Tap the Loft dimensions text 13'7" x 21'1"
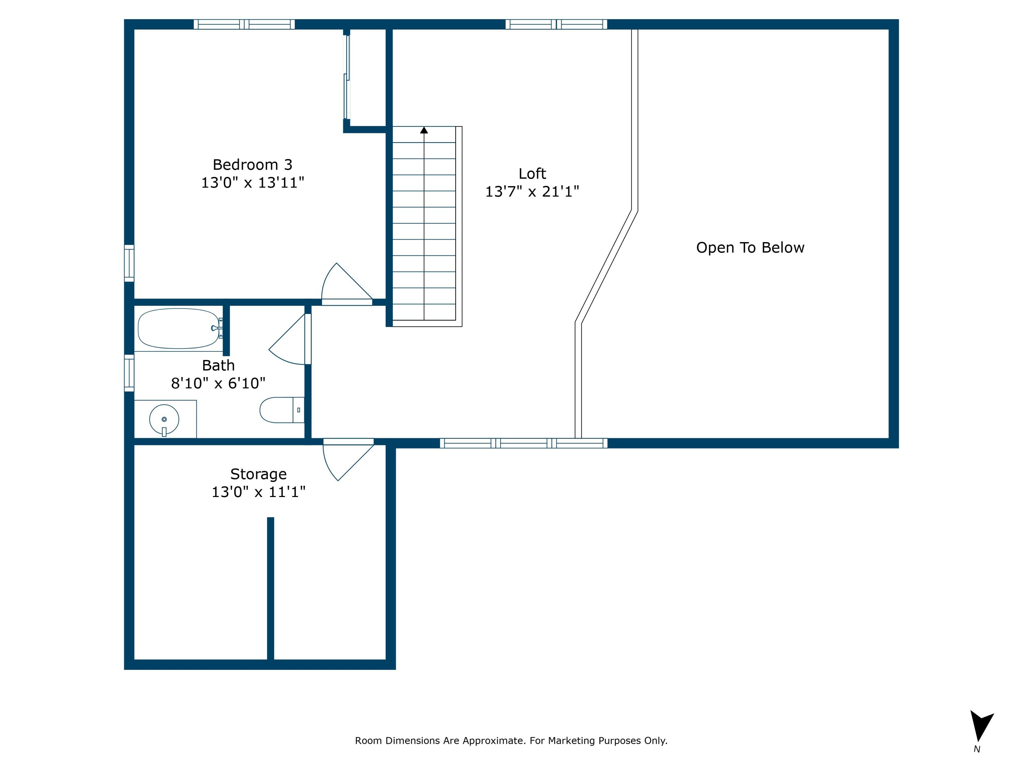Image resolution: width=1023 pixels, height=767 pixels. [x=532, y=191]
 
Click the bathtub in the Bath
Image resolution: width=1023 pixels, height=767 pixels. [x=179, y=328]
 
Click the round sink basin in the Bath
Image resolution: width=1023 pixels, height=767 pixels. [x=164, y=419]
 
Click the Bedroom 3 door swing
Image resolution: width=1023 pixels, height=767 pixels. [x=344, y=284]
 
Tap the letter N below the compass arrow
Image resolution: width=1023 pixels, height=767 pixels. [x=977, y=749]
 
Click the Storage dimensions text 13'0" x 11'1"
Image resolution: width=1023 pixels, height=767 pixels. [x=258, y=492]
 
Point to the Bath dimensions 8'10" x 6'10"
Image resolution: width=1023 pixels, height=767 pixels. [x=218, y=383]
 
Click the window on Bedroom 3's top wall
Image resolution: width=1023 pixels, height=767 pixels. [x=244, y=24]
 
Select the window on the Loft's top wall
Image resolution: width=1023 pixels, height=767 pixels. [x=556, y=24]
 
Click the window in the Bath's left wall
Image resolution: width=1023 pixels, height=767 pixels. [x=129, y=373]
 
